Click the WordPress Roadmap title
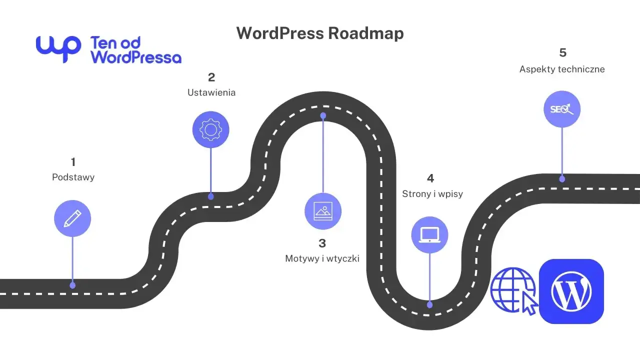click(320, 33)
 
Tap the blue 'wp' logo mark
click(58, 48)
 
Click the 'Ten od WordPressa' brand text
click(135, 50)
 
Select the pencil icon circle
click(72, 218)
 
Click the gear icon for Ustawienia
click(210, 129)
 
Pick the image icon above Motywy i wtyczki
click(323, 211)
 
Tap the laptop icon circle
click(429, 234)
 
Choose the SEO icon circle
click(562, 109)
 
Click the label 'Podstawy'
click(73, 177)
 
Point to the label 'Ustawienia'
click(211, 92)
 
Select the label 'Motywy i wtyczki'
click(322, 258)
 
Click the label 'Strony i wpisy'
click(432, 194)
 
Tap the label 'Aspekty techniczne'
click(562, 69)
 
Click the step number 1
click(73, 162)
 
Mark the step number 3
click(322, 243)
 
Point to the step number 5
click(562, 53)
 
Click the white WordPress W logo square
click(571, 291)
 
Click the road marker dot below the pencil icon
click(72, 285)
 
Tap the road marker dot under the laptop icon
click(430, 304)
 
